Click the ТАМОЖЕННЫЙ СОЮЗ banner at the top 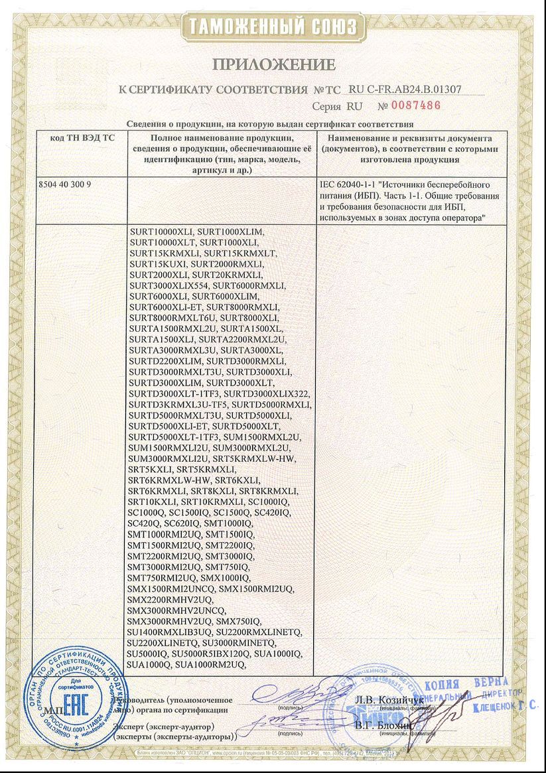pyautogui.click(x=273, y=27)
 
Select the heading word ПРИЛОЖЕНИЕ pyautogui.click(x=273, y=64)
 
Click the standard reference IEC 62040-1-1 pyautogui.click(x=351, y=182)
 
